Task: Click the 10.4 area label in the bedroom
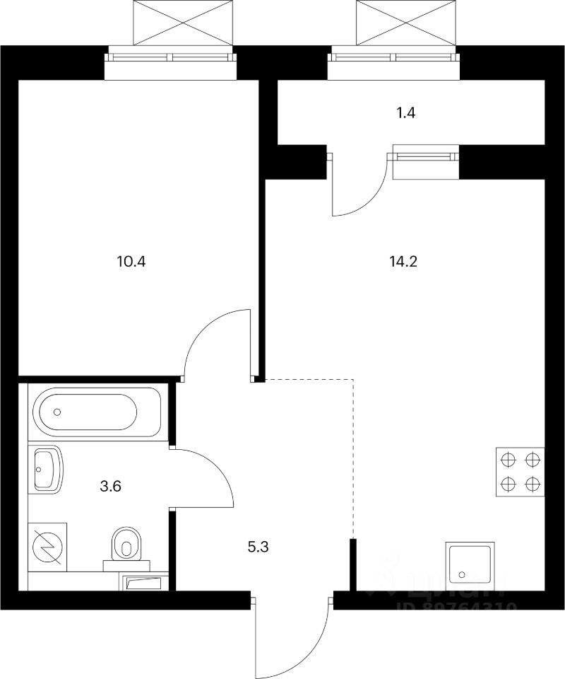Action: [x=131, y=261]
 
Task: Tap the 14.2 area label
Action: [x=403, y=261]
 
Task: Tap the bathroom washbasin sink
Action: [x=47, y=469]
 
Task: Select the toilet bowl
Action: [x=127, y=545]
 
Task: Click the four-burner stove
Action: [x=521, y=471]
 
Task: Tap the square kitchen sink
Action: [x=470, y=565]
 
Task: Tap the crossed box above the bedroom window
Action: [x=182, y=22]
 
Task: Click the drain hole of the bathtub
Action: [x=58, y=412]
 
